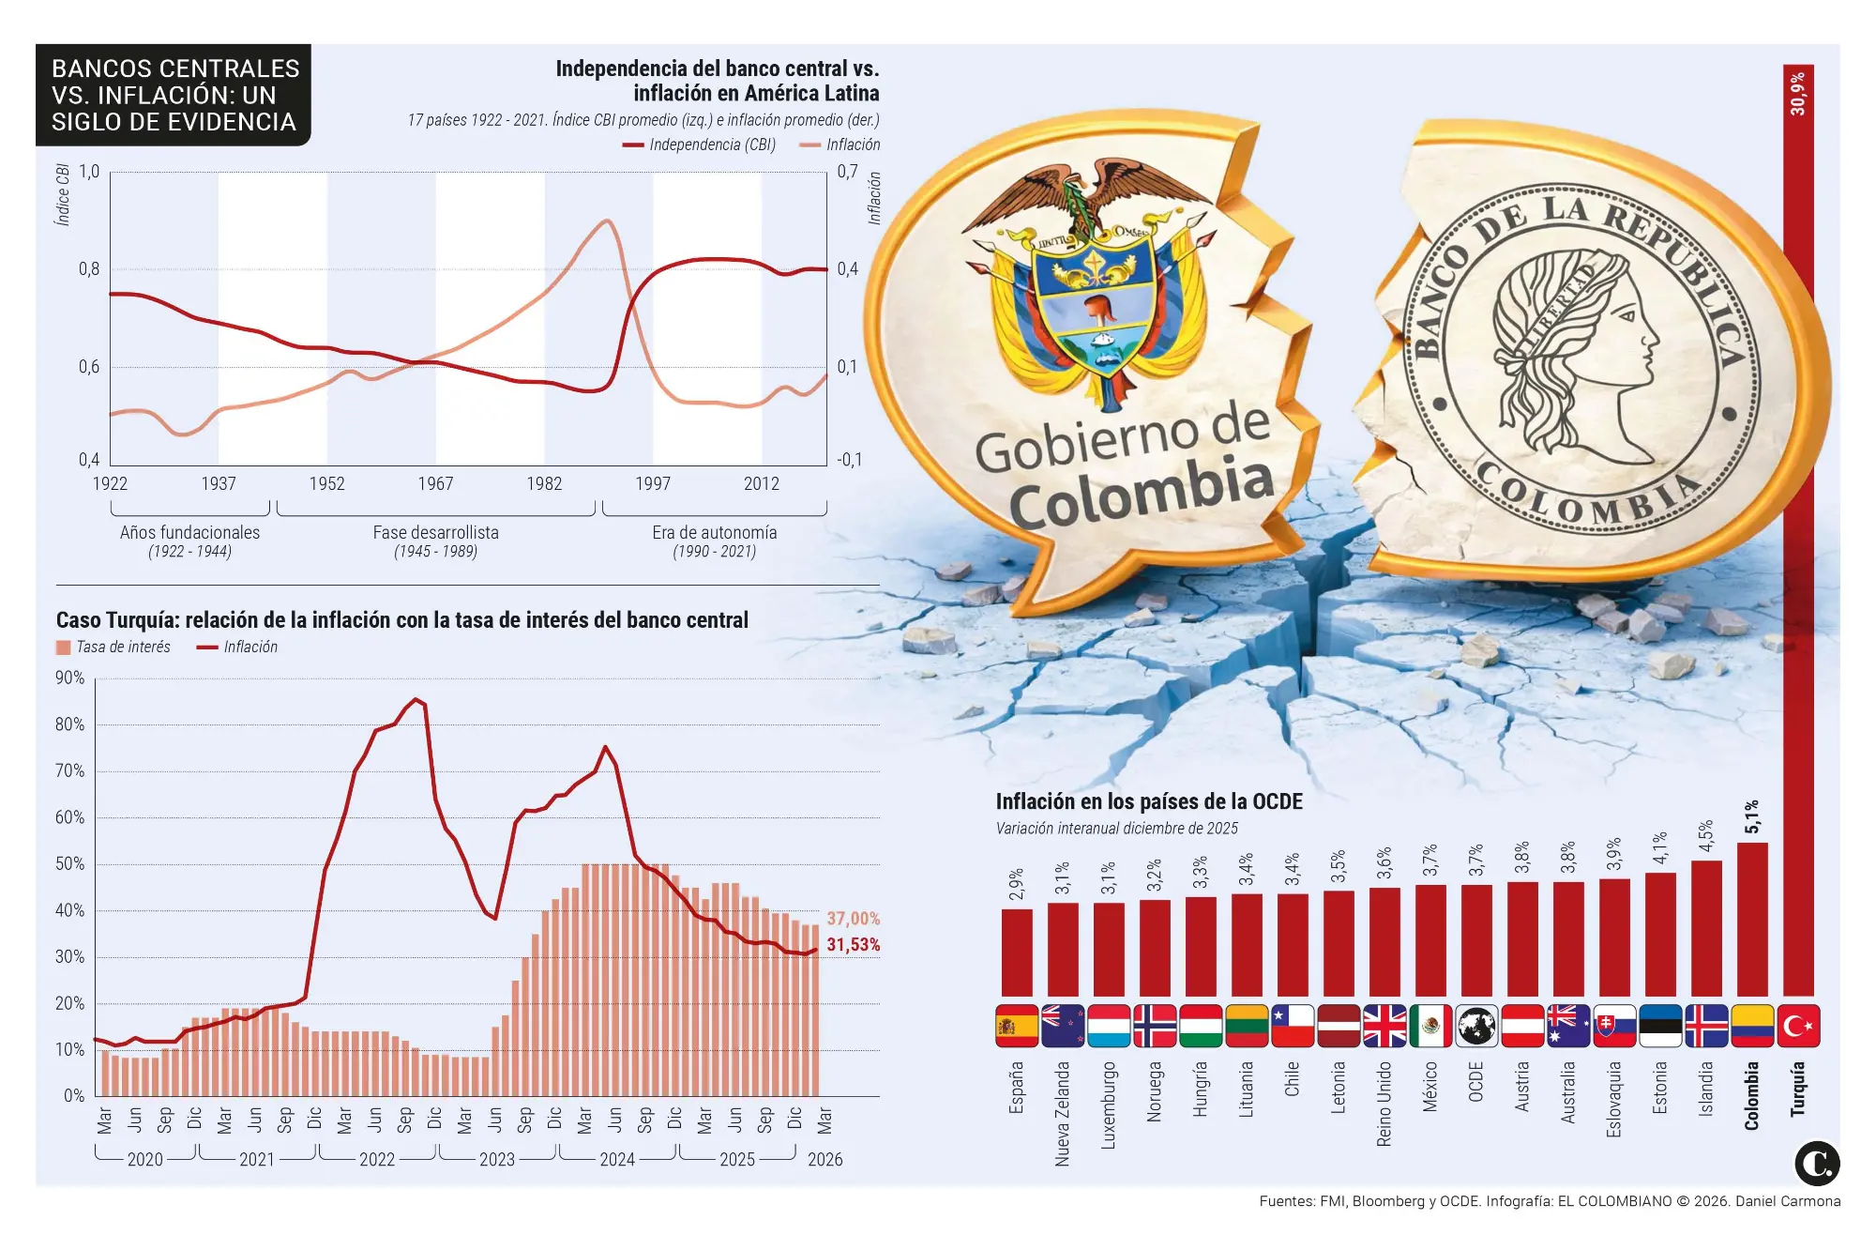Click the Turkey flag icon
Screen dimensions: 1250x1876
click(1798, 1026)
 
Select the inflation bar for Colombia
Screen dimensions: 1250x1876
click(1752, 919)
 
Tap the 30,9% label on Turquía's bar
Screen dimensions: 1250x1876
click(1797, 94)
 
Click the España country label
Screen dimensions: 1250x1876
click(1016, 1088)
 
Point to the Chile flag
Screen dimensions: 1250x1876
click(1293, 1026)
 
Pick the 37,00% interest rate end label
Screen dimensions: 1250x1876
click(853, 919)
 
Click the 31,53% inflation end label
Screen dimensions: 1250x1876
click(853, 945)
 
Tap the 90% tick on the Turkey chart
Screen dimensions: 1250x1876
click(70, 678)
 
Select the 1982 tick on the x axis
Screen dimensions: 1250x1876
click(544, 483)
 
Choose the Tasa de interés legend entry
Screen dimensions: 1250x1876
click(113, 647)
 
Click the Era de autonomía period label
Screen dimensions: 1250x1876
click(714, 532)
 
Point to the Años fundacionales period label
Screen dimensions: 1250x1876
click(189, 532)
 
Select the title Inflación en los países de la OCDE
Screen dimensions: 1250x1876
click(1149, 801)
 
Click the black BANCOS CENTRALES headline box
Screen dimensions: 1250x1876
click(174, 95)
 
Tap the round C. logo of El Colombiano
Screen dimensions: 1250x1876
click(1816, 1164)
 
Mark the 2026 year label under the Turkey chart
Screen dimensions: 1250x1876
click(825, 1160)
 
